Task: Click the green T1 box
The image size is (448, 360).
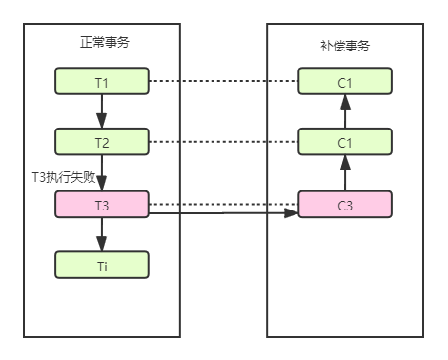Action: [102, 83]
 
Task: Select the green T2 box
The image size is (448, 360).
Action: [102, 143]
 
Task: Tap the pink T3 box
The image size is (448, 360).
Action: [102, 204]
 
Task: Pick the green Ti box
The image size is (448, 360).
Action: [102, 265]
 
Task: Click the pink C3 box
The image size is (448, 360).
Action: [345, 204]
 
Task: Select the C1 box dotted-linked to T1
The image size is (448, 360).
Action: [345, 83]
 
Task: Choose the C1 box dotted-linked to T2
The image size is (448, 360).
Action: [345, 143]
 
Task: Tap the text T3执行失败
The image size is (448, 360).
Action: [65, 178]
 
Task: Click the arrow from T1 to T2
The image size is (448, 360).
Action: [102, 112]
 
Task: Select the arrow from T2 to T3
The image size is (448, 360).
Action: [102, 173]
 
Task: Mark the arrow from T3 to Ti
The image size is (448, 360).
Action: [102, 234]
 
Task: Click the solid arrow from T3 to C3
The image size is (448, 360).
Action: [219, 213]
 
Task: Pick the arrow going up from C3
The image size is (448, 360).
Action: [345, 173]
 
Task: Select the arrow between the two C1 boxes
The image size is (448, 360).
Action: [345, 112]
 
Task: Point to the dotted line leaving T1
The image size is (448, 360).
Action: [224, 83]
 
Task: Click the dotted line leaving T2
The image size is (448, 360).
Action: [224, 143]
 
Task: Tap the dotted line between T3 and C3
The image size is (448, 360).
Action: [224, 204]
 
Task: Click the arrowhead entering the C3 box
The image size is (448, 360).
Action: [293, 213]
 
